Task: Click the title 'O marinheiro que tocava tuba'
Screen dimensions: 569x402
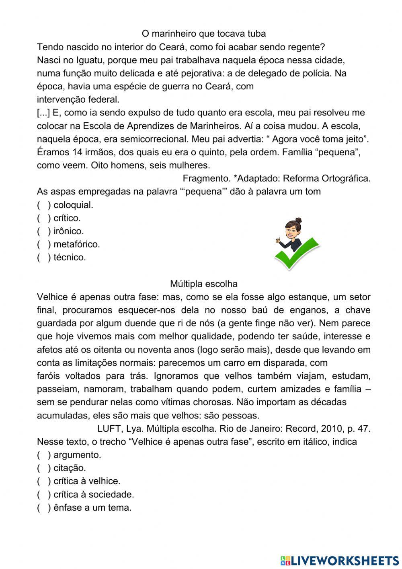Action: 204,33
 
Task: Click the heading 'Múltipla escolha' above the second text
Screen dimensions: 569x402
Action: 204,284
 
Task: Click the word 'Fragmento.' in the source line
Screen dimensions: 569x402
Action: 206,178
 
